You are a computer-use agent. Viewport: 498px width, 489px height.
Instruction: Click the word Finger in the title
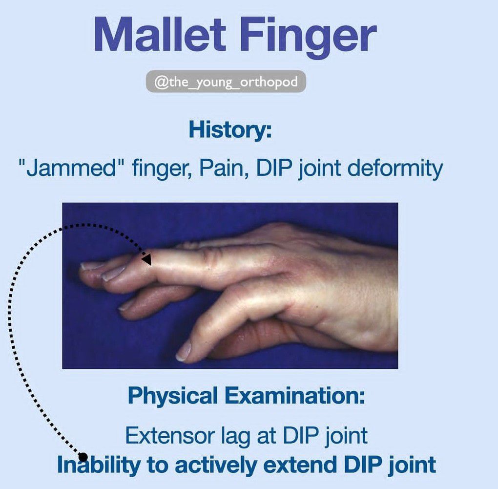(308, 38)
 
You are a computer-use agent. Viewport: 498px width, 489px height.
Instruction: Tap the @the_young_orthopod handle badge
(226, 82)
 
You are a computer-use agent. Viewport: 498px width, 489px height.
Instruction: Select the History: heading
(230, 130)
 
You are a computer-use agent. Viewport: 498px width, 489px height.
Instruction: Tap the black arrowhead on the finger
(146, 259)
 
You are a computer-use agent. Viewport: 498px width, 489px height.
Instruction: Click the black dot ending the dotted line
(83, 457)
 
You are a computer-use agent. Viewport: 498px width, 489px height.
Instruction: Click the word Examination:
(295, 395)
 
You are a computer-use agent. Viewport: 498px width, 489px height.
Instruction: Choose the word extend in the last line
(300, 465)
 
